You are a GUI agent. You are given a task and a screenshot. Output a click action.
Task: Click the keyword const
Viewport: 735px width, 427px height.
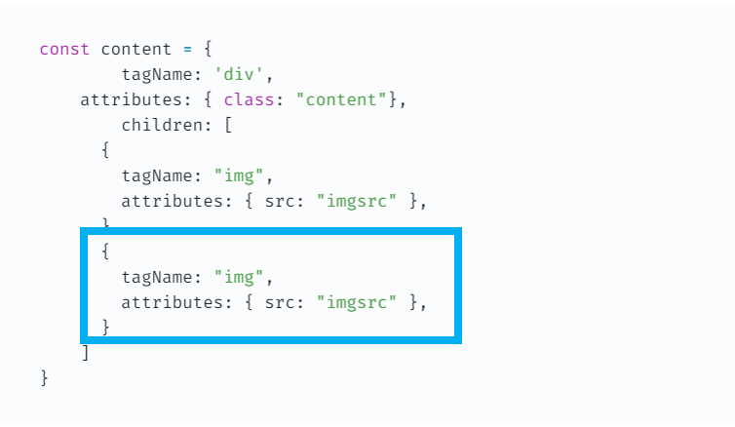click(x=64, y=49)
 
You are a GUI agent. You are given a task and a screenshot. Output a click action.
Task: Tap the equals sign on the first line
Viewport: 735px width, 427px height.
click(x=182, y=49)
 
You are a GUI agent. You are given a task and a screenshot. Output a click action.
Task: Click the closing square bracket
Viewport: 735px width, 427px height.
click(x=85, y=353)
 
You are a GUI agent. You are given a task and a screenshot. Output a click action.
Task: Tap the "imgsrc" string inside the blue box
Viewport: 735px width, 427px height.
click(x=357, y=302)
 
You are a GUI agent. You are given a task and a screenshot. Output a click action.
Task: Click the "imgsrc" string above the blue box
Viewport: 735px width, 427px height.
click(x=357, y=201)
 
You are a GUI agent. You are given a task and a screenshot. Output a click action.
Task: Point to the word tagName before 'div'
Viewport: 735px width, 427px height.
click(x=157, y=74)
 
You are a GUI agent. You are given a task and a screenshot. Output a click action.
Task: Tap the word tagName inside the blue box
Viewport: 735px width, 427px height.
click(x=157, y=277)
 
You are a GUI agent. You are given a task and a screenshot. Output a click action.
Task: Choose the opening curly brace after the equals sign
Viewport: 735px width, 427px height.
click(x=203, y=49)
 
